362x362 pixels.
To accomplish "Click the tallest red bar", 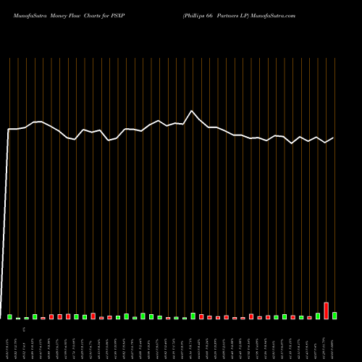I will [326, 311].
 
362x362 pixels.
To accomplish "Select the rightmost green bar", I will [334, 316].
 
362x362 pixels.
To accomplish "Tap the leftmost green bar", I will [10, 316].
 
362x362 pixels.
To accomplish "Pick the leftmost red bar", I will [43, 318].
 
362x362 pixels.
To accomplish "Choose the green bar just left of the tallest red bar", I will [318, 316].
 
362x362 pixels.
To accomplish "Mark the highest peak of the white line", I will [192, 111].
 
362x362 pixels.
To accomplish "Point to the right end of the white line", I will [334, 138].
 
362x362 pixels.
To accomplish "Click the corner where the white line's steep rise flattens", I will [9, 129].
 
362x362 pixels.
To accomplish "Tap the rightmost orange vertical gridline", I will [334, 181].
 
